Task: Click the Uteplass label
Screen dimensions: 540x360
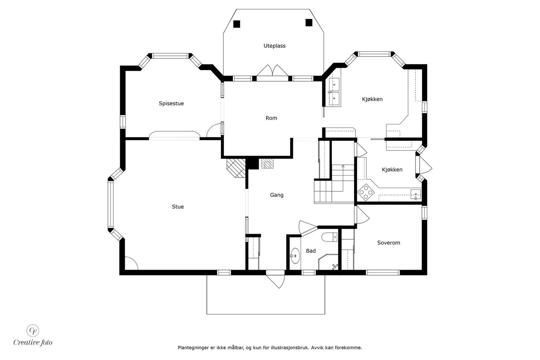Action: click(274, 46)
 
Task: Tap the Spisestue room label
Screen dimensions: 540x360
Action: click(171, 103)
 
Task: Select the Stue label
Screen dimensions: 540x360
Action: click(178, 207)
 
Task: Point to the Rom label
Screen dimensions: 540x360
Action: click(271, 118)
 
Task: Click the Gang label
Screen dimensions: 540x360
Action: click(276, 195)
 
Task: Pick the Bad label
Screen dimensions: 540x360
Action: click(311, 251)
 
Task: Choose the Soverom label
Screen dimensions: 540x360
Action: click(388, 243)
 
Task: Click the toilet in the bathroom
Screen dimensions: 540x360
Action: click(329, 237)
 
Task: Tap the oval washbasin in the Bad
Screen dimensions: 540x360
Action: click(295, 256)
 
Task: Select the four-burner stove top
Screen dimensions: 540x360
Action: click(366, 192)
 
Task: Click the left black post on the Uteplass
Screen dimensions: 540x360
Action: click(237, 24)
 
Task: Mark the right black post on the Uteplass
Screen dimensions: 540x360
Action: click(309, 22)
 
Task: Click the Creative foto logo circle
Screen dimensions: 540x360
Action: click(32, 330)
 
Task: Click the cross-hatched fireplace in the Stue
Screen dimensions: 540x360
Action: click(236, 168)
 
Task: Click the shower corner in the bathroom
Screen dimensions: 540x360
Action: click(328, 262)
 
